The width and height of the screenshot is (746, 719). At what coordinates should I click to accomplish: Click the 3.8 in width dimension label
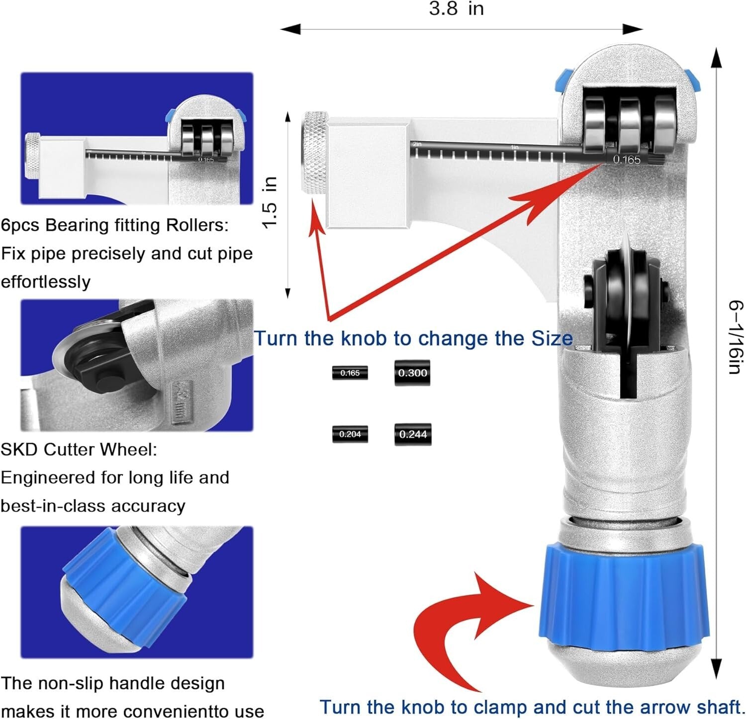point(456,9)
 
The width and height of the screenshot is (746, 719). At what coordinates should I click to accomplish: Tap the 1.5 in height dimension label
point(269,202)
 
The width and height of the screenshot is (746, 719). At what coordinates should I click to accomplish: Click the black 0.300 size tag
point(412,373)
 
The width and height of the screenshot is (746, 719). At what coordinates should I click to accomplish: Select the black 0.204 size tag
point(350,434)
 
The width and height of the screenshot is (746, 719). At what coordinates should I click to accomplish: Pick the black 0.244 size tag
point(413,434)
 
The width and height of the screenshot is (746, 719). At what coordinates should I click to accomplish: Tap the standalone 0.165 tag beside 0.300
point(350,373)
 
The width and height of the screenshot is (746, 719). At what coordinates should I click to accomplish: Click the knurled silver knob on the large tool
point(315,153)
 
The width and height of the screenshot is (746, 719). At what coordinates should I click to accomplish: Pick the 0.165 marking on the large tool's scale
point(626,160)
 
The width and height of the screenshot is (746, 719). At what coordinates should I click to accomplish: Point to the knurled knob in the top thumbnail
point(33,155)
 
